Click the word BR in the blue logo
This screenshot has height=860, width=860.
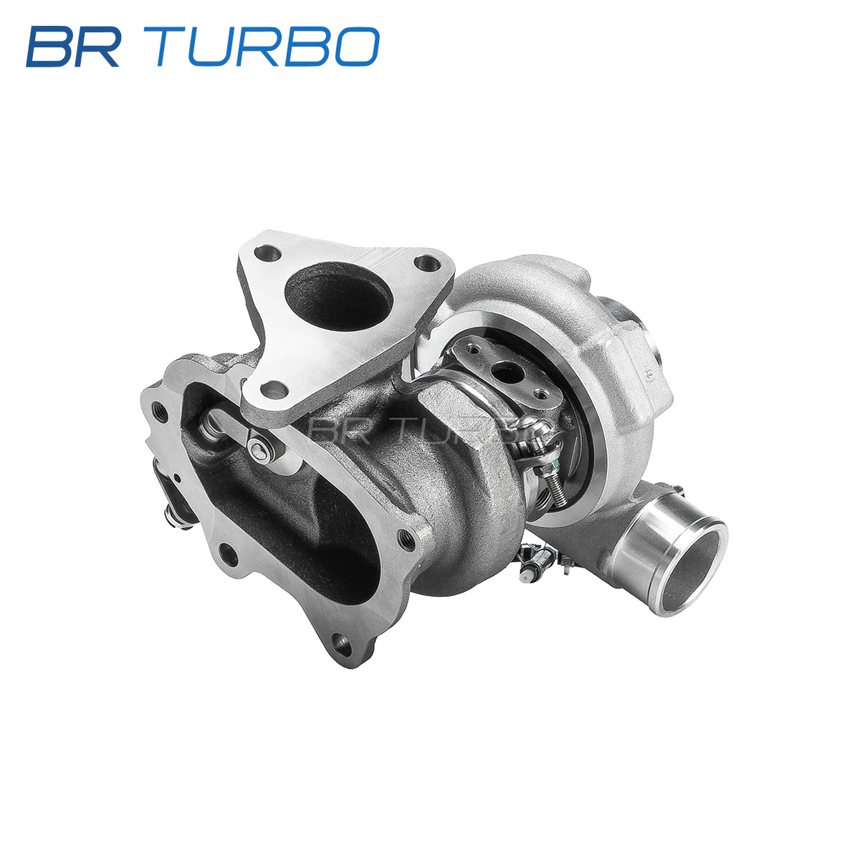(73, 47)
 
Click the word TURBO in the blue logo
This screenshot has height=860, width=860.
(267, 47)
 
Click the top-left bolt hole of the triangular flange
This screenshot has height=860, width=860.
(268, 254)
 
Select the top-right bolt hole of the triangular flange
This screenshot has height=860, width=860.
(427, 262)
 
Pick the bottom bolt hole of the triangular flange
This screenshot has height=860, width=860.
(274, 390)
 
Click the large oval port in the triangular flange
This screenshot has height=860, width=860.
(339, 297)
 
